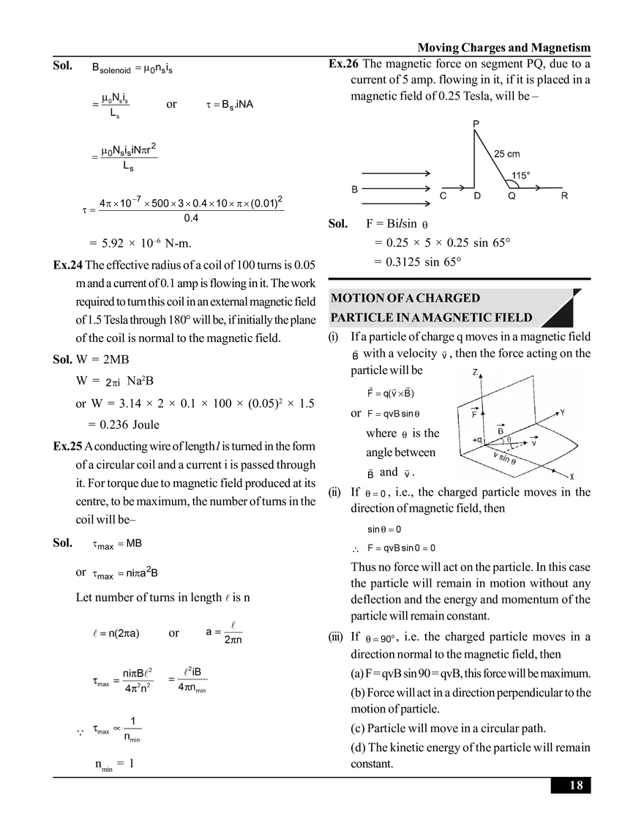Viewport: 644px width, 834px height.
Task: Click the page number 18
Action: (576, 786)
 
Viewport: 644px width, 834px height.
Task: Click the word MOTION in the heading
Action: (358, 299)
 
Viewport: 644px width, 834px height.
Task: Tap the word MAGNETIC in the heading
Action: (459, 319)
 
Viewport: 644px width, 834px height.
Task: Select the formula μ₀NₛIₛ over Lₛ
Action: (111, 107)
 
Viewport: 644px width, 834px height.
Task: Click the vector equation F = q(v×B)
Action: (391, 393)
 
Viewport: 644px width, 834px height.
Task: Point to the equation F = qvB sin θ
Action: (395, 414)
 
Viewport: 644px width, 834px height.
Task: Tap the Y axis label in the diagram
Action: (562, 412)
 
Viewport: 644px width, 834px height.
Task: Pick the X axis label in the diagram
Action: (571, 476)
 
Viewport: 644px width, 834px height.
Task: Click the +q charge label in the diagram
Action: (477, 439)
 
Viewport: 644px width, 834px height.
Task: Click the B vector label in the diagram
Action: (501, 431)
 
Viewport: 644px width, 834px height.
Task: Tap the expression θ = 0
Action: (378, 494)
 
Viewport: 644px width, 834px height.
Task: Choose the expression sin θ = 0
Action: (386, 529)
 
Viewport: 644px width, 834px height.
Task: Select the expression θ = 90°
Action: (381, 639)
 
